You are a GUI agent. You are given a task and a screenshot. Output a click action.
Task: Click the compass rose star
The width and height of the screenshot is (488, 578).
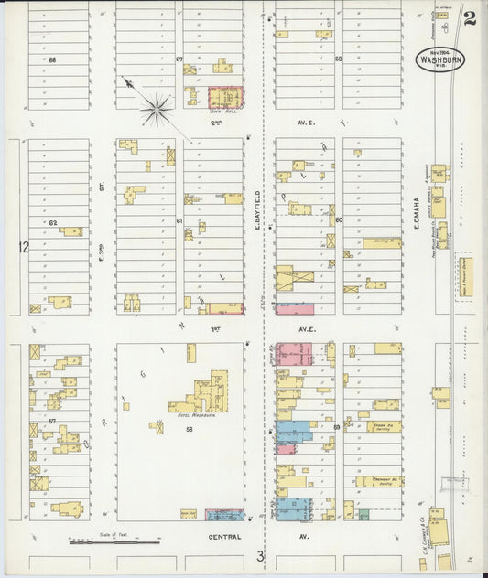(157, 111)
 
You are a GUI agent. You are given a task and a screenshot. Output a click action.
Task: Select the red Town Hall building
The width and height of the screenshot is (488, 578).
(224, 98)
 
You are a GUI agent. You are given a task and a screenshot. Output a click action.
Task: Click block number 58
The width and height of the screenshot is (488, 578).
(190, 428)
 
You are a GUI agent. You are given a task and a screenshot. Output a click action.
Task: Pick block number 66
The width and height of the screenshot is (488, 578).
(53, 59)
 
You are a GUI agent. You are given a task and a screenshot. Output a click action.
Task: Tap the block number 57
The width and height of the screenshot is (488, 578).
(53, 421)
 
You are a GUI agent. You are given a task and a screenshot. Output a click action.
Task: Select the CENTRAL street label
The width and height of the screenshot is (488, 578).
(224, 537)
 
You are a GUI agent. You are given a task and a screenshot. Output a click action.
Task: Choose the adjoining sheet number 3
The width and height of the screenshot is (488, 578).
(260, 555)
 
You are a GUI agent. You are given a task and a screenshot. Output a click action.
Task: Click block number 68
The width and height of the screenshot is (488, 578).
(338, 59)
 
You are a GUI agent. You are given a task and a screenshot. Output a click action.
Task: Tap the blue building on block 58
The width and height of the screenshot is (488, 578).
(224, 515)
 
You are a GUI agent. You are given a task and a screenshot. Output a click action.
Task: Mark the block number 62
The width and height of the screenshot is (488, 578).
(53, 222)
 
